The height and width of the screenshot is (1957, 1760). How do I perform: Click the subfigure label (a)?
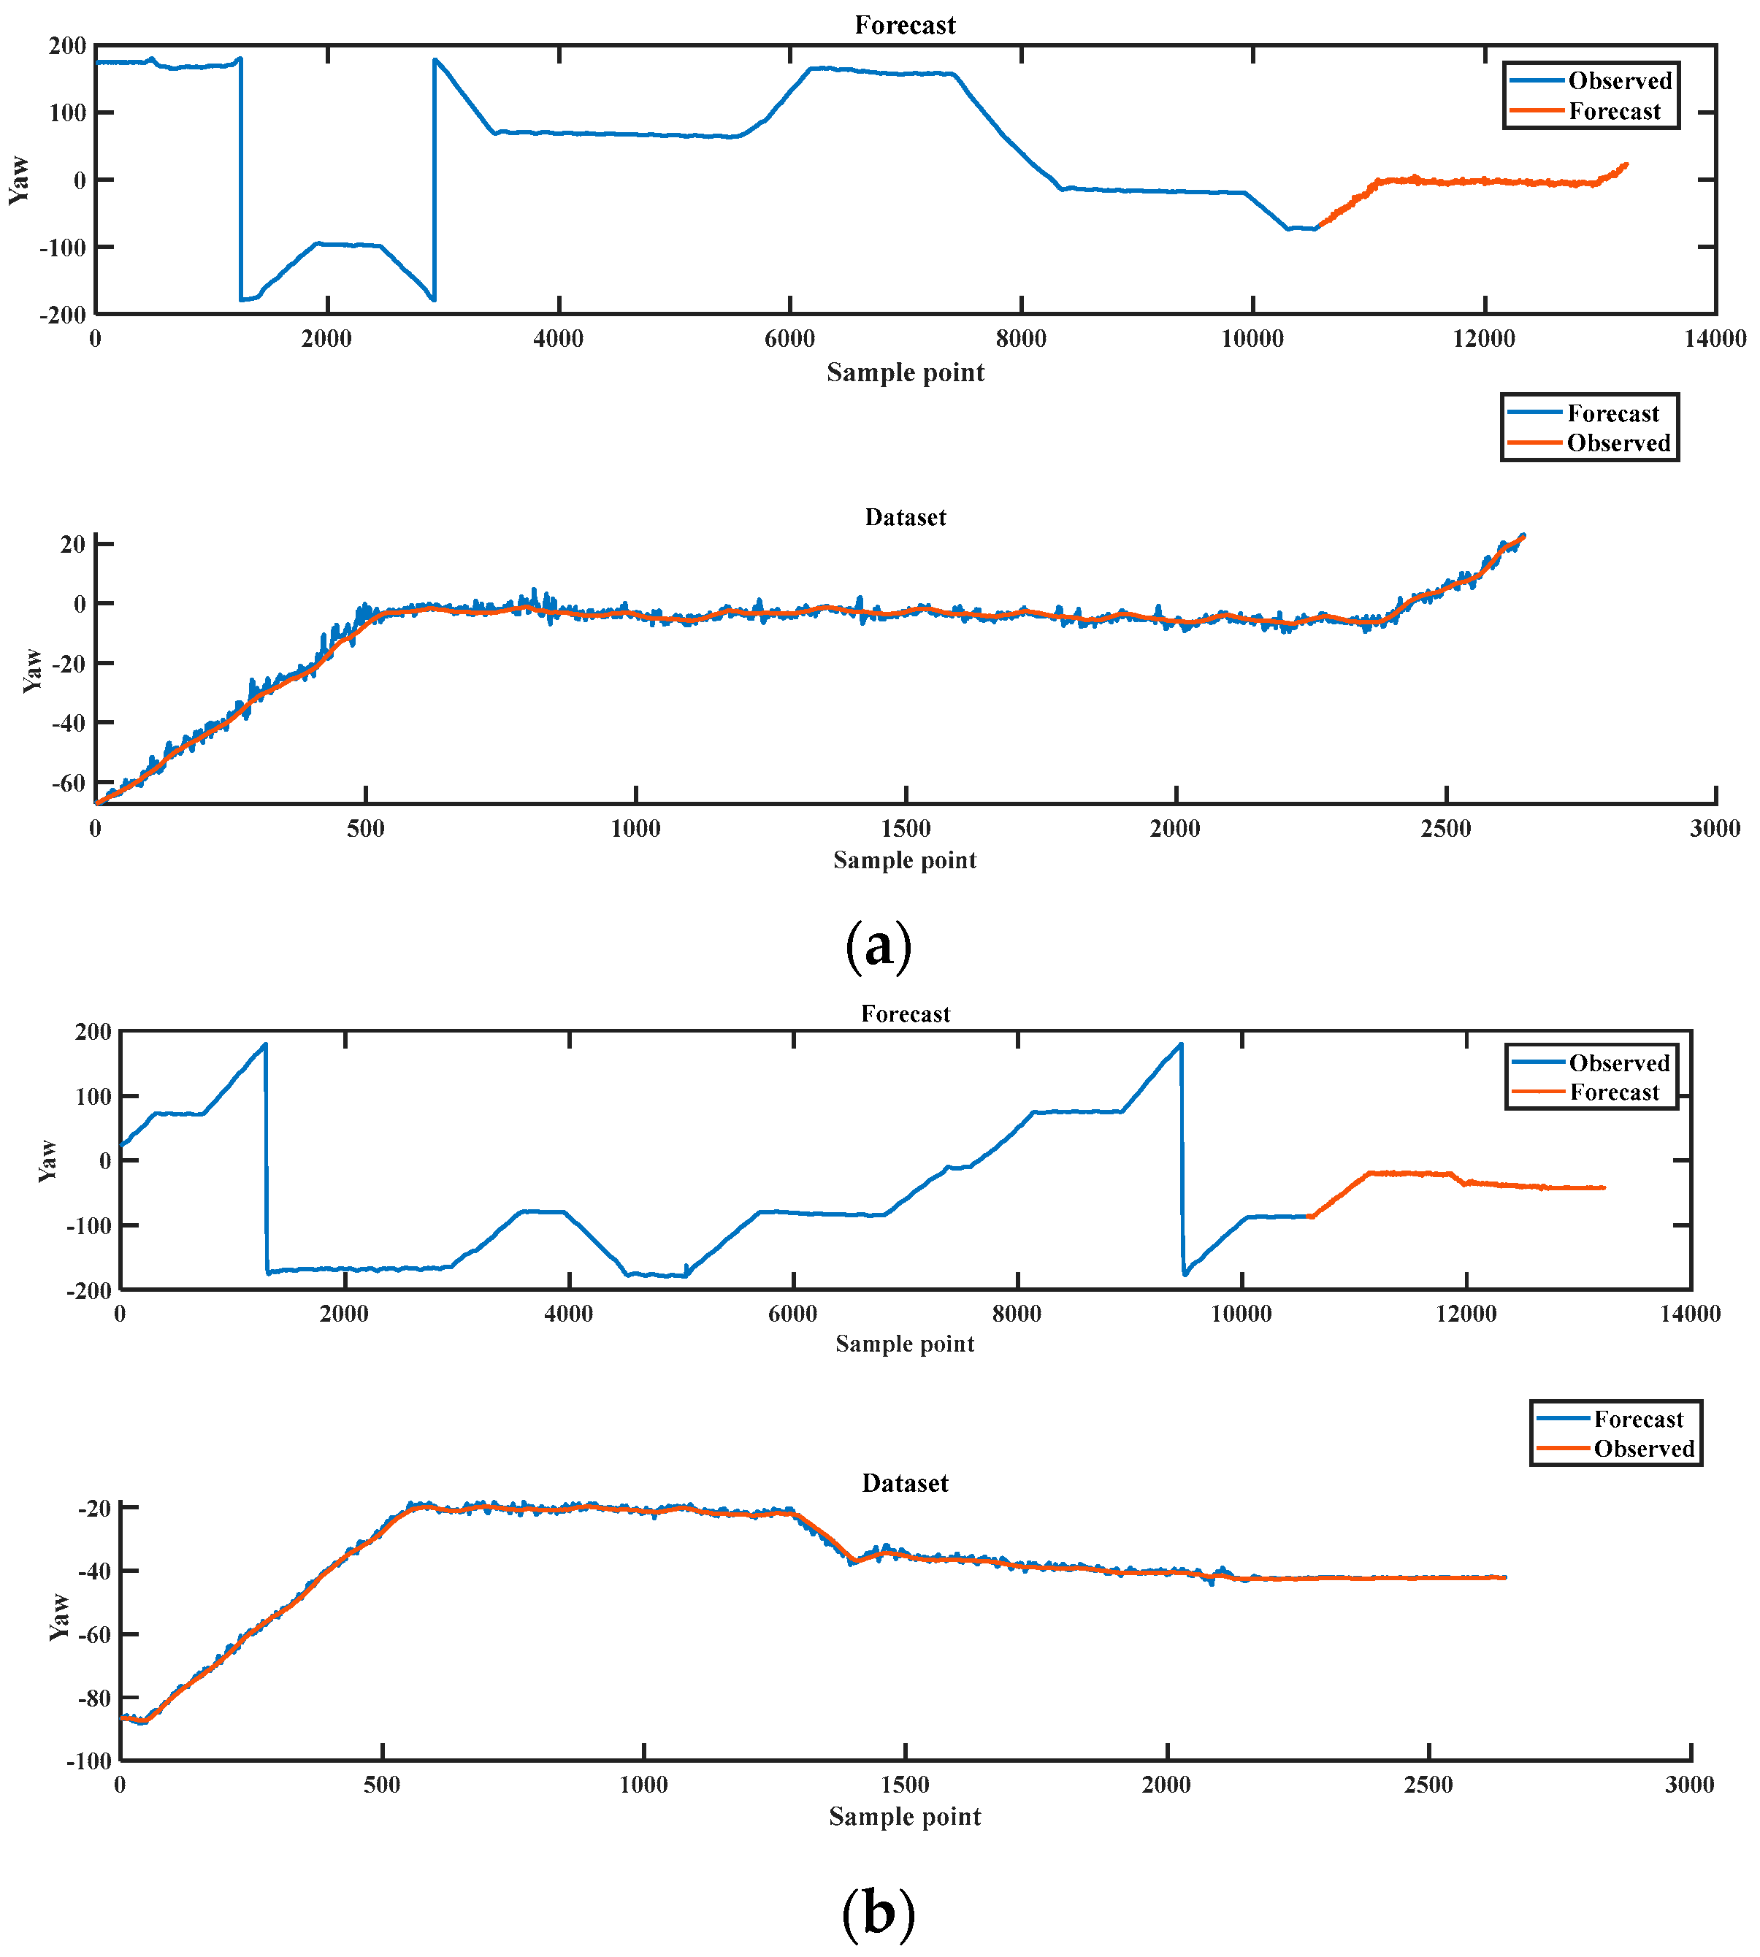point(878,946)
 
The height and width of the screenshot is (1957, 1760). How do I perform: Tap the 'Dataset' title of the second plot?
point(905,517)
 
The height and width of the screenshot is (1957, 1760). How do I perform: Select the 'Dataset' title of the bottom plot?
point(905,1483)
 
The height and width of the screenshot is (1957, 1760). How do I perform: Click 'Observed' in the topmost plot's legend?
point(1620,81)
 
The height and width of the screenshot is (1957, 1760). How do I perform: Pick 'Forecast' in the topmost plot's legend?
point(1614,111)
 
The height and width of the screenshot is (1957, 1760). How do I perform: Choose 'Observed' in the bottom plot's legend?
point(1644,1449)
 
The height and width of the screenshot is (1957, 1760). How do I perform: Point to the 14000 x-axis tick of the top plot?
point(1715,338)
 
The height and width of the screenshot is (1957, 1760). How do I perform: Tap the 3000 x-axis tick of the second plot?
point(1715,829)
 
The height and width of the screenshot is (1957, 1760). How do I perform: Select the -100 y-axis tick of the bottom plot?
point(89,1761)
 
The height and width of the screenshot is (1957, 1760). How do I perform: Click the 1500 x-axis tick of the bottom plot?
point(905,1785)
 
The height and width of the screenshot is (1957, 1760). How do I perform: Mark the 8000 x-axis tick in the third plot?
point(1017,1314)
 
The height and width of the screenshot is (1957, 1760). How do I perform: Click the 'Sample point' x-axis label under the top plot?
point(905,372)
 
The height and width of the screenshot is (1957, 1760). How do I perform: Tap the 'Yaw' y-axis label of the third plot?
point(47,1160)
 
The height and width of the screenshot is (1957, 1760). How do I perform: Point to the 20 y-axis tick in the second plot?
point(72,544)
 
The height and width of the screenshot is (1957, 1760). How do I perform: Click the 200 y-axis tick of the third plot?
point(93,1032)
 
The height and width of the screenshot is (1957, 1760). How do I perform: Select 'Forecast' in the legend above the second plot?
point(1613,414)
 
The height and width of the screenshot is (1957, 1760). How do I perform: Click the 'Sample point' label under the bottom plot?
point(905,1817)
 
